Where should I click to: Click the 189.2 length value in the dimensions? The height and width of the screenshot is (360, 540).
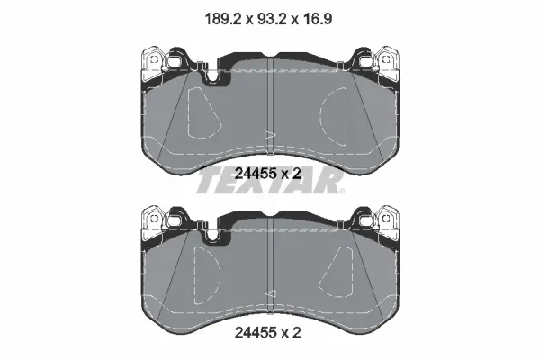tap(222, 19)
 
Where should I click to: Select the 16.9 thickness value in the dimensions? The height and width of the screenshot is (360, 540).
tap(316, 19)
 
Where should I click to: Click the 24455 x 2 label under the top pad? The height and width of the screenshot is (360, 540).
tap(268, 174)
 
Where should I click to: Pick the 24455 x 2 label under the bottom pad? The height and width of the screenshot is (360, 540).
tap(268, 332)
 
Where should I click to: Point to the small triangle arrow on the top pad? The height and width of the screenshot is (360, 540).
tap(270, 135)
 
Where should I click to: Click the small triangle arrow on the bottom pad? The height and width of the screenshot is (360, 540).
tap(270, 294)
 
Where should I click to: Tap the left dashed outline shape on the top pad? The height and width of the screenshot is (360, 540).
tap(202, 112)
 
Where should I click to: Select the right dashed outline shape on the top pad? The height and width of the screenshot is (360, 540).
tap(333, 116)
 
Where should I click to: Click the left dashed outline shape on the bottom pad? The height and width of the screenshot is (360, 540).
tap(207, 274)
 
